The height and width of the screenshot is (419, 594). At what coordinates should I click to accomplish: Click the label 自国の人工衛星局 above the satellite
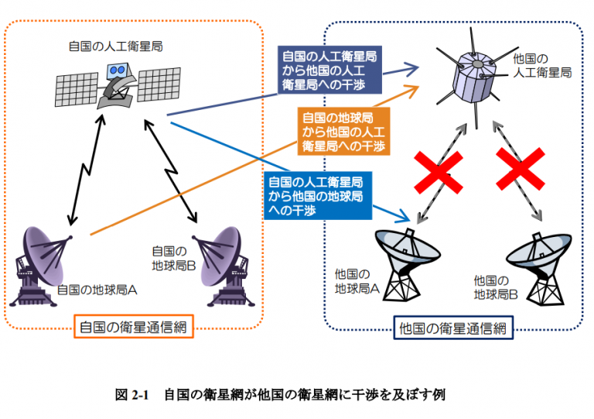115,46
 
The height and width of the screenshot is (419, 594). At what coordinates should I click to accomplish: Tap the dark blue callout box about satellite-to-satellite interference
329,70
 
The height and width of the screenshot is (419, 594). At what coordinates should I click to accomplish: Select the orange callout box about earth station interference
343,132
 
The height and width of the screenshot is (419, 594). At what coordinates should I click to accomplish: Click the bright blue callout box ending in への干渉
318,196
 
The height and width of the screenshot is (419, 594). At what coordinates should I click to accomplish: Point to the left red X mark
439,173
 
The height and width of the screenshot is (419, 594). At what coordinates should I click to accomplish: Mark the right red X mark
521,169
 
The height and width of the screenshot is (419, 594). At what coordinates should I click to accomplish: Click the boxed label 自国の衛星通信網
133,327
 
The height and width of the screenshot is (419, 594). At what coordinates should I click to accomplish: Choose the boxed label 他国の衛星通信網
453,328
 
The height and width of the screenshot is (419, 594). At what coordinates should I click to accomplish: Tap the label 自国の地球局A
97,290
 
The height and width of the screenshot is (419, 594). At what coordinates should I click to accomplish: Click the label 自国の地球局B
174,258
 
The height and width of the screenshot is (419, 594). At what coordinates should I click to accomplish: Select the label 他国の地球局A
357,281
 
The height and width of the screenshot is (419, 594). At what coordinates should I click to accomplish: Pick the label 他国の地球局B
496,287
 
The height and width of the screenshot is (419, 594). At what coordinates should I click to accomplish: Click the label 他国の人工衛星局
542,66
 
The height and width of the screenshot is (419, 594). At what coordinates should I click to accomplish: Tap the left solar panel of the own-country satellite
77,90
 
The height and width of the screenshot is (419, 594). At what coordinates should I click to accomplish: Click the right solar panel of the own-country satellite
159,84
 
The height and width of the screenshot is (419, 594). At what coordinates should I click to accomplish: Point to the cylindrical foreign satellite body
475,77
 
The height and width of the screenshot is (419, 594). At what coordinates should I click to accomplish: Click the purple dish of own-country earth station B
221,256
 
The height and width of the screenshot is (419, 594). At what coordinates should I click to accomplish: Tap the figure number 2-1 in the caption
140,395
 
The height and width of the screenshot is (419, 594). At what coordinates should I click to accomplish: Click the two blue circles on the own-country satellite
118,70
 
